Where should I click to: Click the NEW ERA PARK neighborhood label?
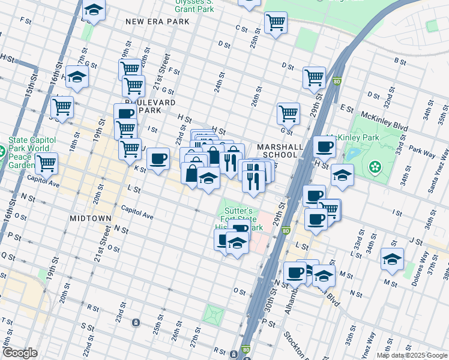click(x=157, y=22)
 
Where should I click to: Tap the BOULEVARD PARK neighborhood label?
click(x=157, y=106)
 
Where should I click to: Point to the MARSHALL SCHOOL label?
click(x=277, y=151)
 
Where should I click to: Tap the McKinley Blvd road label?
click(x=384, y=116)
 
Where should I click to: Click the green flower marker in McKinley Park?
click(x=376, y=166)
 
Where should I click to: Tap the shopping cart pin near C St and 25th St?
click(x=276, y=23)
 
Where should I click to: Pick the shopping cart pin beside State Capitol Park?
click(x=46, y=162)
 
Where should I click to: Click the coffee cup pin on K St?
click(x=158, y=159)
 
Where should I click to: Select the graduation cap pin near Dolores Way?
click(x=392, y=259)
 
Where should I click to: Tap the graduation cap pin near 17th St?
click(x=77, y=76)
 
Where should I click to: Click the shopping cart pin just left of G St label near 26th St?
click(x=288, y=113)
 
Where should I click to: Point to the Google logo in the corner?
click(x=20, y=353)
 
